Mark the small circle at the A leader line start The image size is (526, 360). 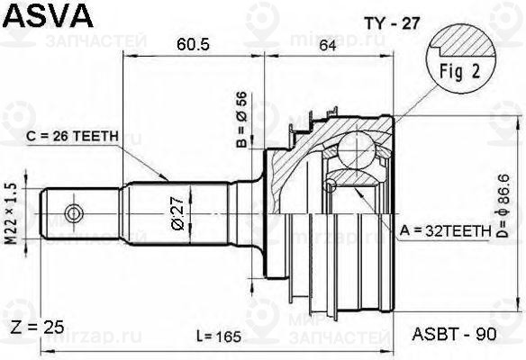(x=332, y=184)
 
